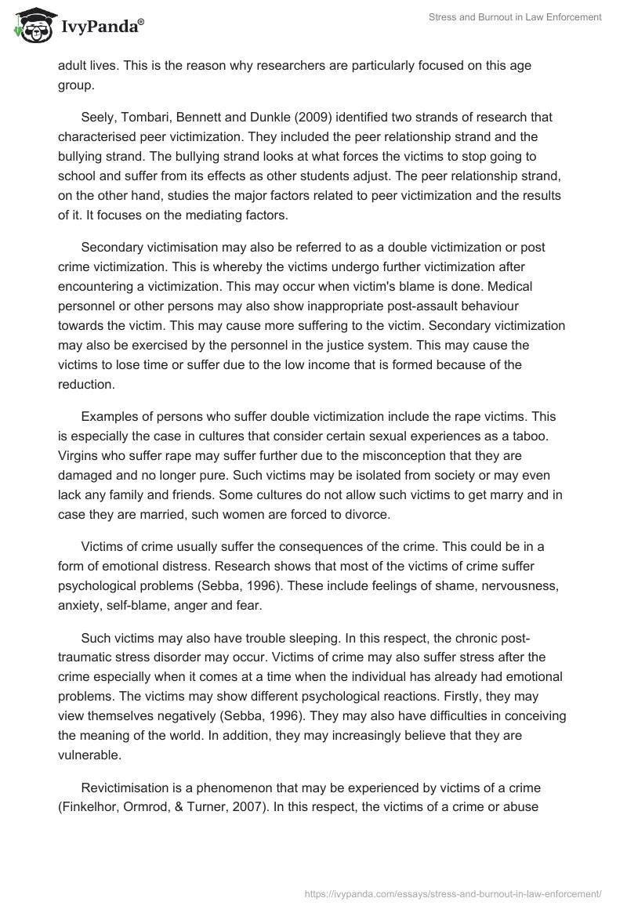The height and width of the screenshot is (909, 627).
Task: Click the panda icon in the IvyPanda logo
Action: tap(32, 26)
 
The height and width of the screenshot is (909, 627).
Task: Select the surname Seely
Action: tap(100, 117)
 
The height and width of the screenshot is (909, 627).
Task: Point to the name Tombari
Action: tap(148, 117)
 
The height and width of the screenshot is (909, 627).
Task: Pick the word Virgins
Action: tap(80, 456)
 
